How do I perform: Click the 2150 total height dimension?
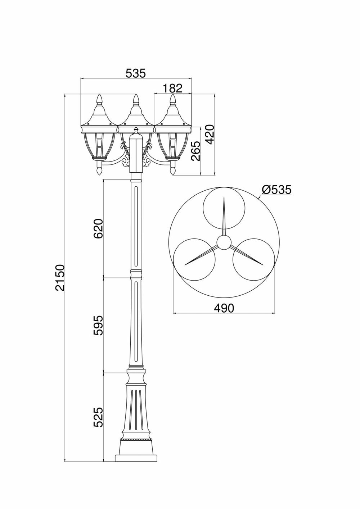pos(60,277)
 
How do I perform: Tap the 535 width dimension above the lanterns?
pos(136,73)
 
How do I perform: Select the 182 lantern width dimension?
pos(172,88)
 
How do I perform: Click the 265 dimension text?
pos(195,151)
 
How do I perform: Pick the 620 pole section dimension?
pos(98,228)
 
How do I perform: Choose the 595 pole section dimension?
pos(98,326)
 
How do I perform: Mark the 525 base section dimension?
pos(98,417)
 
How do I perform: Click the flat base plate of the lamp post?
pos(136,458)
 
